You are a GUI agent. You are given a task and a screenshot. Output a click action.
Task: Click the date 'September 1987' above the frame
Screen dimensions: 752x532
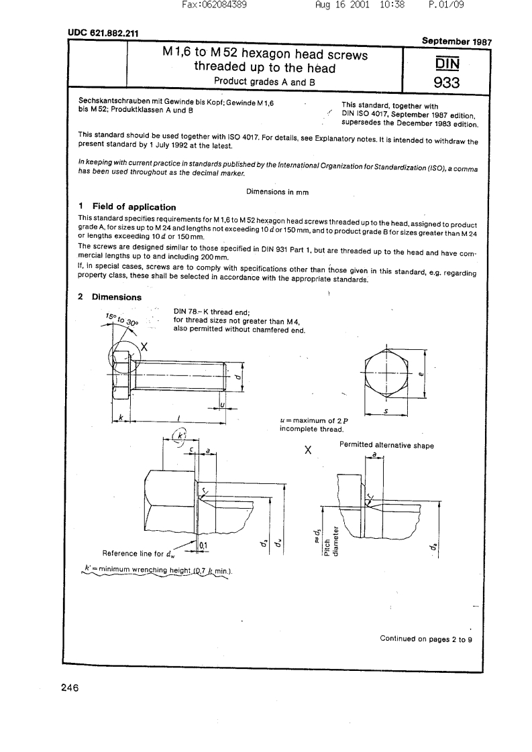pyautogui.click(x=457, y=41)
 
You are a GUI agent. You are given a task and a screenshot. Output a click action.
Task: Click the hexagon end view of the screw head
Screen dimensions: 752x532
pyautogui.click(x=387, y=373)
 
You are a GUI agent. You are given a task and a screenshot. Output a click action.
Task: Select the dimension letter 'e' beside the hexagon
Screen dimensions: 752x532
pyautogui.click(x=421, y=375)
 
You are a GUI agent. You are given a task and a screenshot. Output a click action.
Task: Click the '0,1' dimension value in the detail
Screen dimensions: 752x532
pyautogui.click(x=203, y=546)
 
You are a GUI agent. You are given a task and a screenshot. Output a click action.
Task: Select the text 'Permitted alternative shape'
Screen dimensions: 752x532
pyautogui.click(x=386, y=445)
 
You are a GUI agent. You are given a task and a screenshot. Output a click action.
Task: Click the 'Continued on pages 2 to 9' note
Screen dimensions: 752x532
pyautogui.click(x=426, y=639)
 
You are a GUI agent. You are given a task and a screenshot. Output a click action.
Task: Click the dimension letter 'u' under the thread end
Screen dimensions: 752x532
pyautogui.click(x=221, y=404)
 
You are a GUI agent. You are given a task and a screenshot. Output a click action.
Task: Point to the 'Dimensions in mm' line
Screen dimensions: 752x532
pyautogui.click(x=277, y=192)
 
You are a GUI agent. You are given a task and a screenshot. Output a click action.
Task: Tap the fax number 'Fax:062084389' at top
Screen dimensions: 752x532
pyautogui.click(x=215, y=5)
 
